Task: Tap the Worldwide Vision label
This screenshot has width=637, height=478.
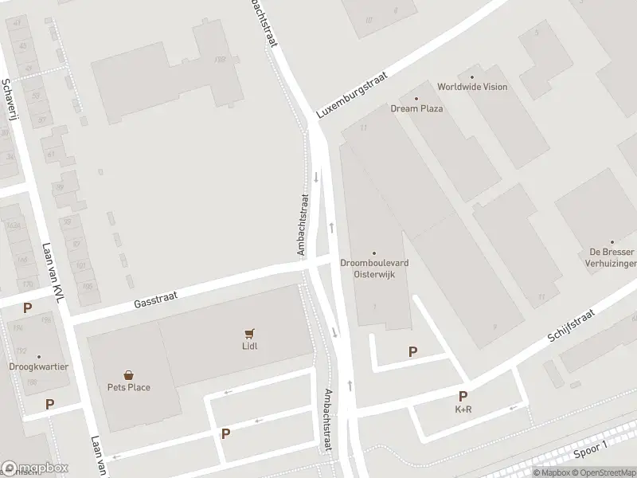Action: click(x=472, y=87)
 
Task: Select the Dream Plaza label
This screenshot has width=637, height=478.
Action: click(x=416, y=108)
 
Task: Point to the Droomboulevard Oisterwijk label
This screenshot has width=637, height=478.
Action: click(x=374, y=268)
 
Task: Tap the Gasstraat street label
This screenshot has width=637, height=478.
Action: click(x=155, y=299)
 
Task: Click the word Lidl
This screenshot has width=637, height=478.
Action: click(x=250, y=346)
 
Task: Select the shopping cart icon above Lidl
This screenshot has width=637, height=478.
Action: click(x=250, y=333)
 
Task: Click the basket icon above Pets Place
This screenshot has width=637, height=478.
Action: click(x=128, y=374)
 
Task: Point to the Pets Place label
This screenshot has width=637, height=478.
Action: click(x=129, y=387)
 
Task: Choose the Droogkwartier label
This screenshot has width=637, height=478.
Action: click(x=38, y=367)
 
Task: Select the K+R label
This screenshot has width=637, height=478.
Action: click(x=463, y=409)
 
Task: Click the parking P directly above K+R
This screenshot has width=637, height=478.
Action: click(x=463, y=396)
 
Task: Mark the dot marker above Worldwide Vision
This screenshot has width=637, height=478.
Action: click(x=472, y=77)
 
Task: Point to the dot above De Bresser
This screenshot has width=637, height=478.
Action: click(x=612, y=241)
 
